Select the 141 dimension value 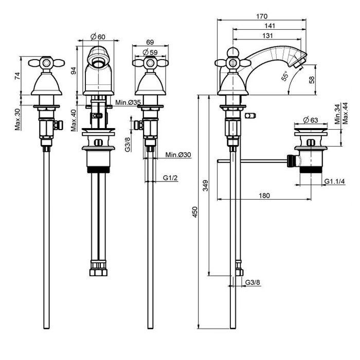click(269, 26)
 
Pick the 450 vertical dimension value click(194, 212)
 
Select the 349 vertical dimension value click(205, 186)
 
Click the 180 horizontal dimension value click(264, 195)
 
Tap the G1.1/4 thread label click(335, 181)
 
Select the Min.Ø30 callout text click(178, 155)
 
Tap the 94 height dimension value click(73, 70)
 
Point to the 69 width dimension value click(150, 42)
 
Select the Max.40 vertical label click(73, 119)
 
